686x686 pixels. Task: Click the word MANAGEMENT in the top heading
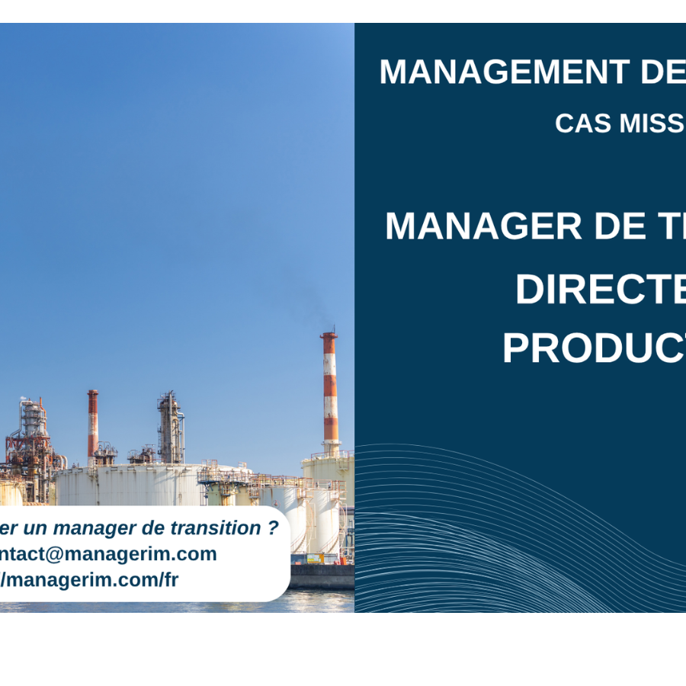click(x=504, y=72)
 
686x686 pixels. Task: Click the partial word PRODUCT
click(x=593, y=348)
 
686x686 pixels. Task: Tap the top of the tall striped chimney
click(x=329, y=335)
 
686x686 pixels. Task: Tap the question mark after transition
click(x=273, y=528)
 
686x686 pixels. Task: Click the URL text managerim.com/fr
click(x=92, y=580)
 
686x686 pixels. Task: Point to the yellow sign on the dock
click(x=319, y=558)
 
